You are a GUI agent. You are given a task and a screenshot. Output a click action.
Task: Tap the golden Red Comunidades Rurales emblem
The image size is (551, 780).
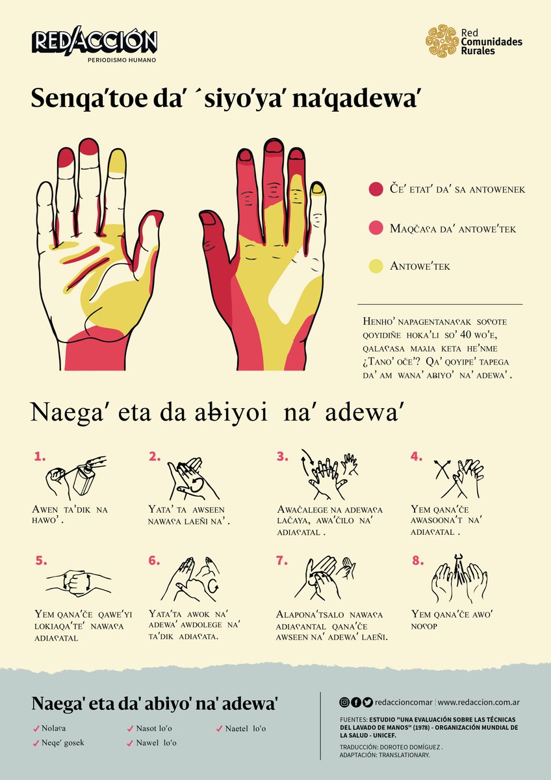tap(442, 40)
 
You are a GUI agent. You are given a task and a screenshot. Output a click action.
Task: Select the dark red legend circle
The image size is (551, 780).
tap(376, 189)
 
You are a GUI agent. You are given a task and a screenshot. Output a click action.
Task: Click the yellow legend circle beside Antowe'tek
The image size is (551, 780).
tap(376, 266)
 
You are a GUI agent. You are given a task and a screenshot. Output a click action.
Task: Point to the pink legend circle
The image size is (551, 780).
tap(376, 227)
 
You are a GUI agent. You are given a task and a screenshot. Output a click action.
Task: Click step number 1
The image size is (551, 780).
tap(40, 456)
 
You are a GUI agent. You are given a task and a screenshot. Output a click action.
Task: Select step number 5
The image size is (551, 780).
tap(41, 561)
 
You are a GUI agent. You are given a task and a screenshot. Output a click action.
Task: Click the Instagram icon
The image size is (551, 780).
tap(344, 702)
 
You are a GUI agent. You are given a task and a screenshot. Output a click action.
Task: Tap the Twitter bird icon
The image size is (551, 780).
tap(368, 702)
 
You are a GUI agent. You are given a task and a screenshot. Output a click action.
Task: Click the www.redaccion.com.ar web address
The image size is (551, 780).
tap(479, 702)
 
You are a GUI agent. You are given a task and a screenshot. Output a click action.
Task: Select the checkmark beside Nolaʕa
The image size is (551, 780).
tap(36, 729)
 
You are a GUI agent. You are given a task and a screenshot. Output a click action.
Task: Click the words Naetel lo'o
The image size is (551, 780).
tap(246, 728)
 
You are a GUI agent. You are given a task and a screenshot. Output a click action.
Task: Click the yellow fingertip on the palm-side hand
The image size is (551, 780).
tap(116, 161)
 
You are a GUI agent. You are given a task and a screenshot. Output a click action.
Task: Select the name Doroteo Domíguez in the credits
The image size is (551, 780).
tap(411, 747)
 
